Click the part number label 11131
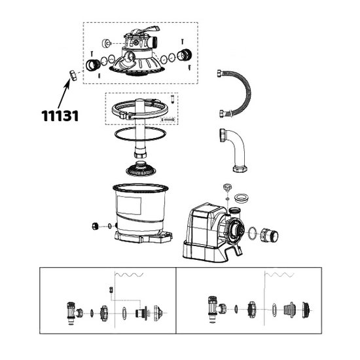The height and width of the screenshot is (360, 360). click(x=60, y=116)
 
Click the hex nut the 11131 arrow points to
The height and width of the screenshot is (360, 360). click(x=73, y=75)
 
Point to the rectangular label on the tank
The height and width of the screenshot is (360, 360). click(x=129, y=205)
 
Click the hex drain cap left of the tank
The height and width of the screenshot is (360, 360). click(x=96, y=226)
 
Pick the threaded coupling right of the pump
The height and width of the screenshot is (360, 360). click(x=270, y=236)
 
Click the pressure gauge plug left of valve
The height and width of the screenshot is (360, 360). click(x=106, y=43)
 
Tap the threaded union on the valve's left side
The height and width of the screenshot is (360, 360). click(x=93, y=65)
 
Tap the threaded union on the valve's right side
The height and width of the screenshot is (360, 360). click(x=185, y=55)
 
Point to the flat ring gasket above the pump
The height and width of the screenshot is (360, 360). click(x=241, y=198)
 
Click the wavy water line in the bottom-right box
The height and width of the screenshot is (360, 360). click(x=279, y=275)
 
